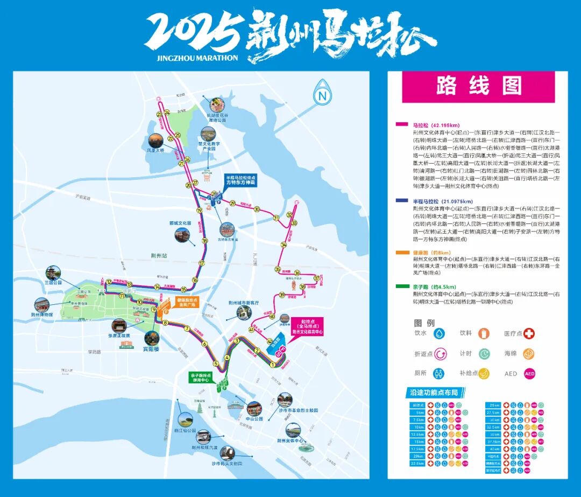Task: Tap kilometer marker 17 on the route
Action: [x=202, y=263]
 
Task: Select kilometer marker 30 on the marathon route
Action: [x=257, y=209]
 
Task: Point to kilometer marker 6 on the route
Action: [x=204, y=344]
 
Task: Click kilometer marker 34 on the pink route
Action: [x=284, y=245]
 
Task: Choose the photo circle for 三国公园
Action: [x=53, y=273]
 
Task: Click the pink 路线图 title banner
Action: [x=478, y=86]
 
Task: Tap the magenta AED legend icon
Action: [x=529, y=373]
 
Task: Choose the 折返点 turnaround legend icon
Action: [x=440, y=354]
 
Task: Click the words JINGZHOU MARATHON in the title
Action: [x=190, y=58]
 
